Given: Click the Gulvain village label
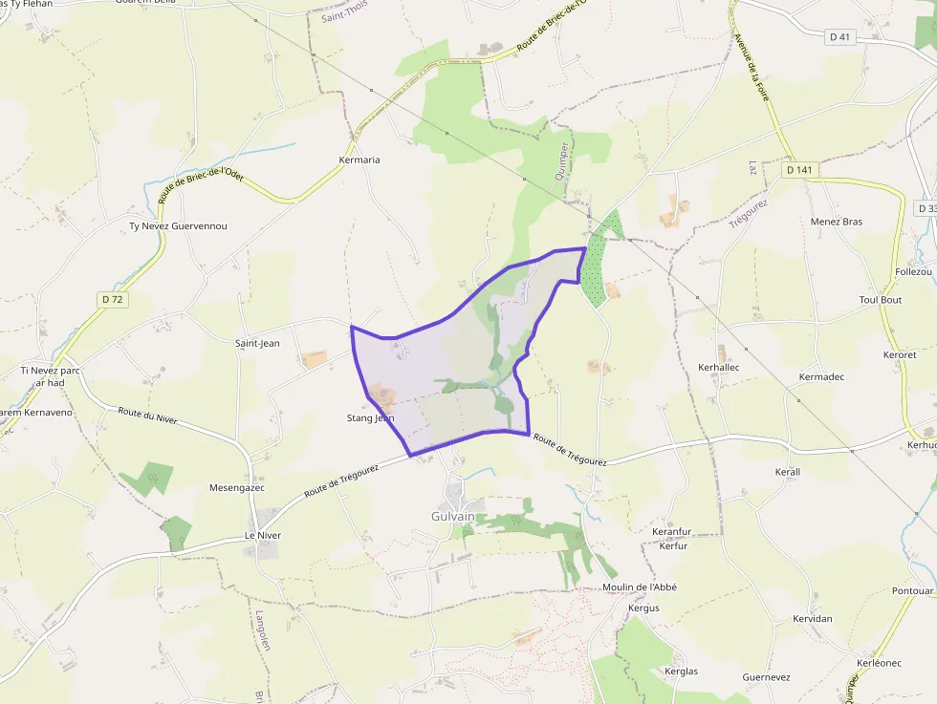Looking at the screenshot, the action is (x=453, y=517).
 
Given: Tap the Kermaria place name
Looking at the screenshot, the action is (x=360, y=160).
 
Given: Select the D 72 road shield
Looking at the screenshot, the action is (x=113, y=300).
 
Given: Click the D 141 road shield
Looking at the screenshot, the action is (x=799, y=170).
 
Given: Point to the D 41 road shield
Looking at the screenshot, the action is (x=839, y=37).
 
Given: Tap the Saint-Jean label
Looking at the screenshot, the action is (x=257, y=343).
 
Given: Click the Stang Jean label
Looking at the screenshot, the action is (x=370, y=418).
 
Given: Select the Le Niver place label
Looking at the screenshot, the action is (x=263, y=536).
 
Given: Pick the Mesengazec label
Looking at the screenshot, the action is (x=236, y=487).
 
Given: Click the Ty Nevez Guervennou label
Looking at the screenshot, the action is (x=179, y=226).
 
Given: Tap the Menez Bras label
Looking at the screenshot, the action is (x=836, y=222).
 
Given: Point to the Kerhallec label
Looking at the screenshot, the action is (x=719, y=367).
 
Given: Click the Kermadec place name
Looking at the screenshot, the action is (x=821, y=377).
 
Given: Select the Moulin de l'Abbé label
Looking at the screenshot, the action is (x=640, y=587).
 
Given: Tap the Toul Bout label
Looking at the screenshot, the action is (x=881, y=300).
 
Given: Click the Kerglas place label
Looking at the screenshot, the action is (x=681, y=672).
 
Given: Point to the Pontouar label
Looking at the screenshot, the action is (x=912, y=591).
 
